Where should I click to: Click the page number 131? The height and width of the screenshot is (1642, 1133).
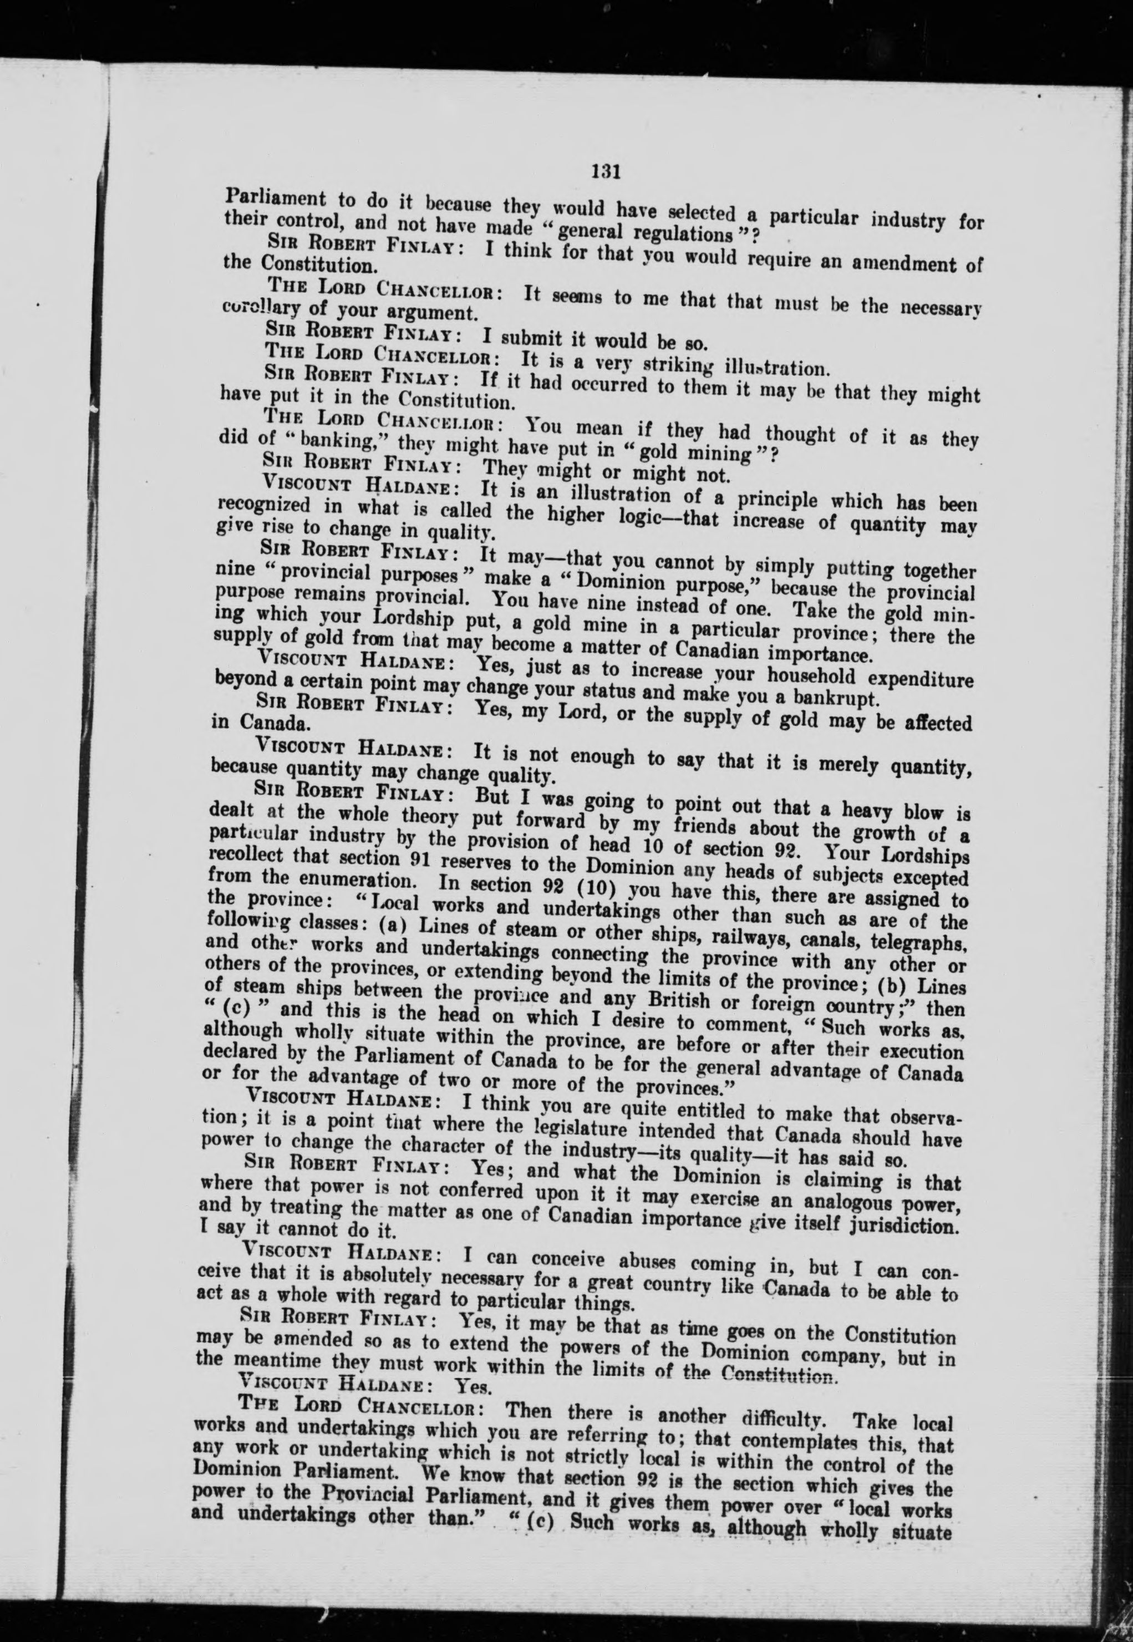pyautogui.click(x=606, y=171)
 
